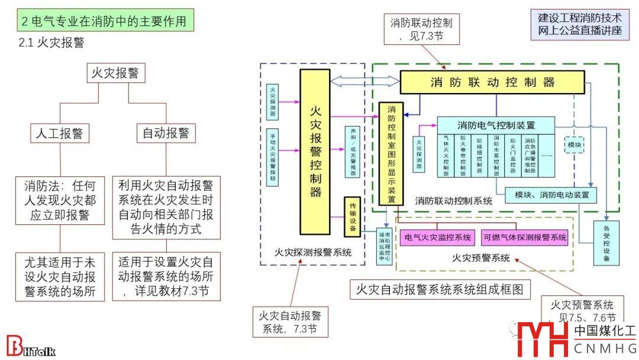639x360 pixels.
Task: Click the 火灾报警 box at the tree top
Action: point(115,73)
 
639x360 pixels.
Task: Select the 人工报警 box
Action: point(60,133)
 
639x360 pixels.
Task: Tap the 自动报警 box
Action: point(166,133)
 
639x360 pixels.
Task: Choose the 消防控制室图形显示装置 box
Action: point(391,153)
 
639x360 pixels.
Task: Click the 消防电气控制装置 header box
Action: point(496,125)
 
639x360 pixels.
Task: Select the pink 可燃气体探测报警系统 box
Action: point(525,237)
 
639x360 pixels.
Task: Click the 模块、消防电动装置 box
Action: point(551,195)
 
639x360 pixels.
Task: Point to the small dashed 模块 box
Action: point(575,145)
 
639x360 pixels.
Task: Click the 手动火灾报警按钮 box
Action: point(272,157)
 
